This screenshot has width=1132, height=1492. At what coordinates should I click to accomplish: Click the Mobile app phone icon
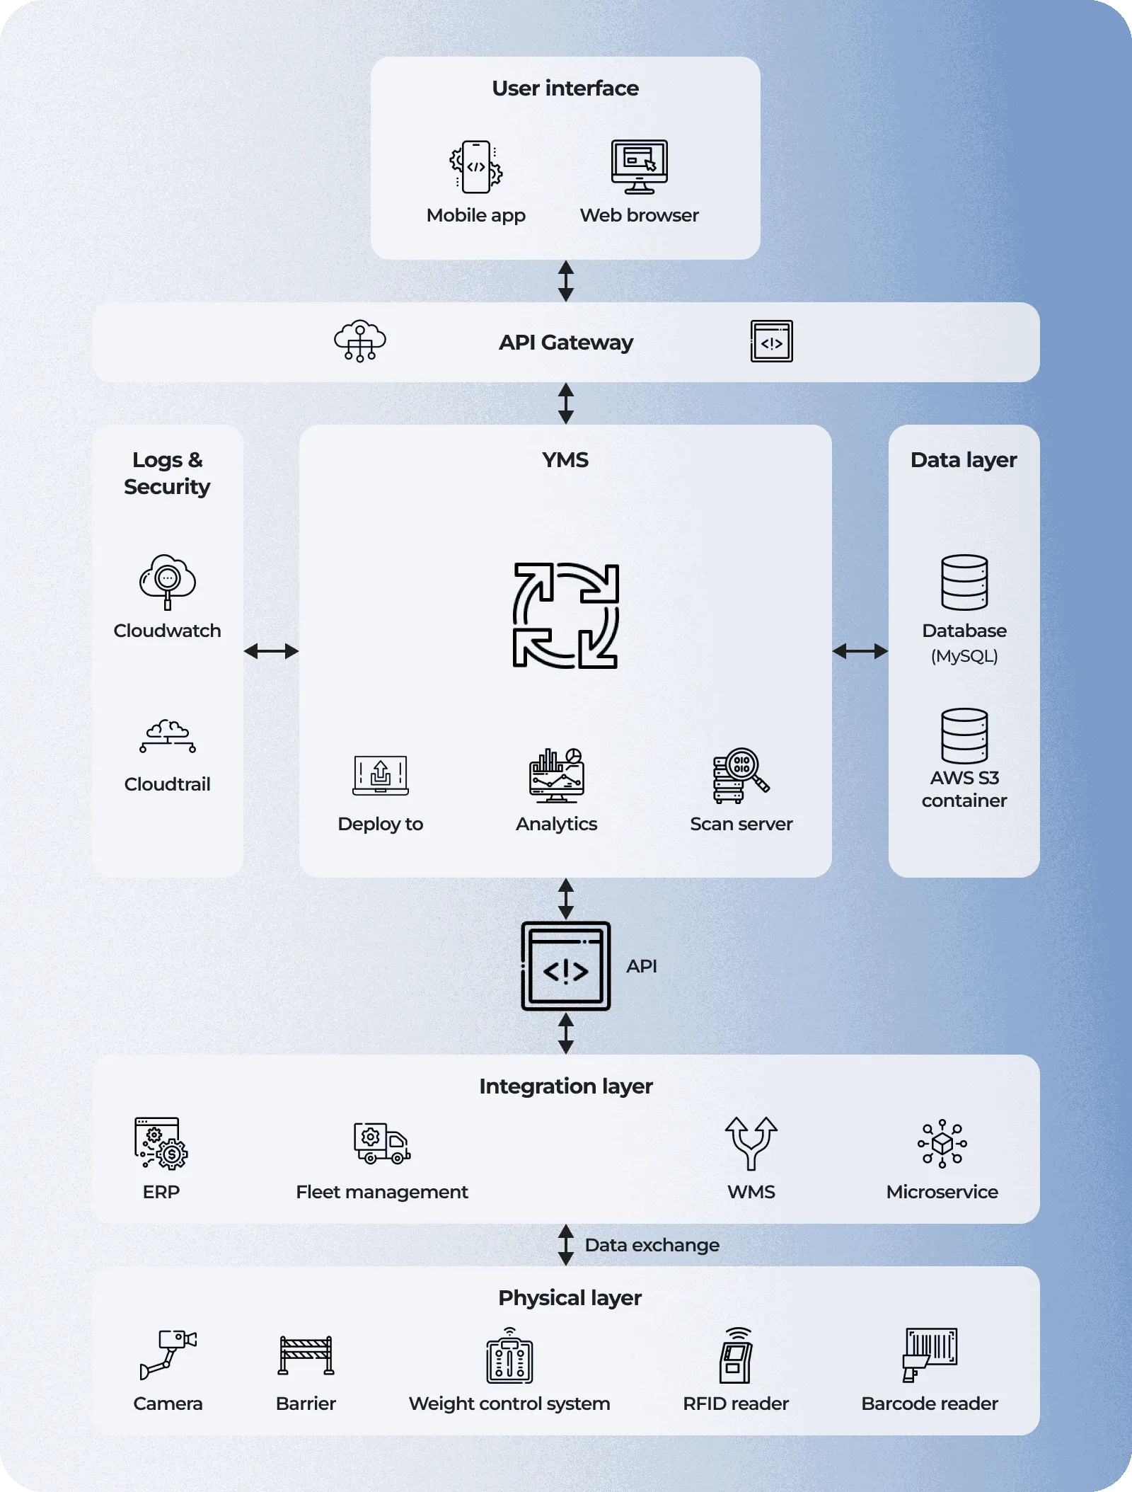click(x=475, y=167)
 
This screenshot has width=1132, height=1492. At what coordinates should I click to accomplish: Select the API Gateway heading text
click(x=565, y=343)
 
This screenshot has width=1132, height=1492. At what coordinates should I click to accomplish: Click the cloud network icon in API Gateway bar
click(x=360, y=341)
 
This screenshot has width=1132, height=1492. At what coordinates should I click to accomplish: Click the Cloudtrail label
click(x=167, y=784)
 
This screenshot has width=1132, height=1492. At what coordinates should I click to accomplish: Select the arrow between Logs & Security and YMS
click(x=271, y=651)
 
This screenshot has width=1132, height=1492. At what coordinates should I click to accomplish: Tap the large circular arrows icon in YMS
click(x=565, y=615)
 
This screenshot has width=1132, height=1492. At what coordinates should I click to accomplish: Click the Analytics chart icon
click(x=557, y=776)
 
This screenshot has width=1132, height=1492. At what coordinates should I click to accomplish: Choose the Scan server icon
click(x=741, y=776)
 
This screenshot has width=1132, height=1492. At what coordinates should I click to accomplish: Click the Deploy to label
click(x=380, y=824)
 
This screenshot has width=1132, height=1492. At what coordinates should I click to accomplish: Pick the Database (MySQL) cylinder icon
click(x=964, y=582)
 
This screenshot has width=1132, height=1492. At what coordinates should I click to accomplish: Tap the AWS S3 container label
click(x=964, y=789)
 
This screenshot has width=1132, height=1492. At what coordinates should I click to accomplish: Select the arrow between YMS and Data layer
click(x=860, y=651)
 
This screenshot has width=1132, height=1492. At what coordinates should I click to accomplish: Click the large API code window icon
click(x=565, y=966)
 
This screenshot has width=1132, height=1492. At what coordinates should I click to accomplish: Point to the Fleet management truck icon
click(x=382, y=1143)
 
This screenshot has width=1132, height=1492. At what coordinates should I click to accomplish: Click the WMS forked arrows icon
click(x=751, y=1143)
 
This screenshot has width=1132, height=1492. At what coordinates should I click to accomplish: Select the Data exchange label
click(x=652, y=1245)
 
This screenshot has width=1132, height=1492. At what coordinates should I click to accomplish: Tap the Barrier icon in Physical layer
click(x=306, y=1355)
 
